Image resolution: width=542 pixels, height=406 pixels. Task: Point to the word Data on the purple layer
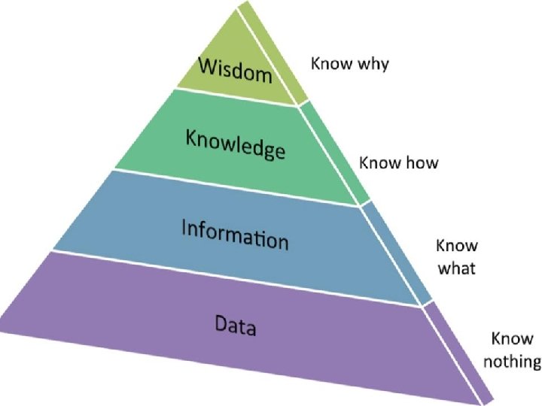(236, 326)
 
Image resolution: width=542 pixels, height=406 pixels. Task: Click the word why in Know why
(372, 65)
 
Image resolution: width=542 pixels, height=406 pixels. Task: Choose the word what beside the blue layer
(456, 268)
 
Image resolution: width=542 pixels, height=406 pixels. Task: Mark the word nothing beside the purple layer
(512, 362)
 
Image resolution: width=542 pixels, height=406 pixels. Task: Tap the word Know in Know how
(379, 162)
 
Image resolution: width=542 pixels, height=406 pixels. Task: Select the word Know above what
(457, 247)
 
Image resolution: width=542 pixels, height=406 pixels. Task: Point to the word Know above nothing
(512, 339)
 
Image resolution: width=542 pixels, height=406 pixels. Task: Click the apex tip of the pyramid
(238, 6)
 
